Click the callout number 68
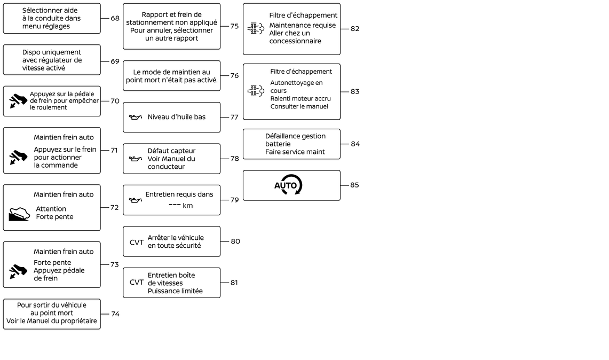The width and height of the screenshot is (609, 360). [x=115, y=18]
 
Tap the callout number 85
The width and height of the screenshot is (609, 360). [x=354, y=185]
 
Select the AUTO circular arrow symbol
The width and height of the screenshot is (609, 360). [x=288, y=185]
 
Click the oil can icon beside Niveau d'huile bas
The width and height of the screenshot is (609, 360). [x=136, y=117]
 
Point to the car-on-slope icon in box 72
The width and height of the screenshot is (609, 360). [x=19, y=214]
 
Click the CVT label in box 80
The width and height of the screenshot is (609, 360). [x=136, y=242]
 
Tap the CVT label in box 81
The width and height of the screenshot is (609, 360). [x=136, y=282]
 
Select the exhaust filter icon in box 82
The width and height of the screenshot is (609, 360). [x=256, y=28]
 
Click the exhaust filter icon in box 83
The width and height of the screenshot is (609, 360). [x=256, y=91]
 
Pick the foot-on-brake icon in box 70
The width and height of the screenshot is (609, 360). [x=18, y=101]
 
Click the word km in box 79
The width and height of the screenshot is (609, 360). [x=187, y=206]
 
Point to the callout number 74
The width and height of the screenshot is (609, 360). [x=115, y=314]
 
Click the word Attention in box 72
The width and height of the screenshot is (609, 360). [x=51, y=209]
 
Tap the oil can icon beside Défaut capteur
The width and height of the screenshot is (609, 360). [x=136, y=159]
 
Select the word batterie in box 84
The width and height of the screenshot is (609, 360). [x=278, y=144]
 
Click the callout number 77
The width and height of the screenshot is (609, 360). [x=234, y=117]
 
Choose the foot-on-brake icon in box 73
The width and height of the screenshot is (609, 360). [x=18, y=272]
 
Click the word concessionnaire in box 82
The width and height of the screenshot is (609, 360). [x=295, y=41]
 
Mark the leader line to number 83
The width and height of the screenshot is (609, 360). [x=344, y=92]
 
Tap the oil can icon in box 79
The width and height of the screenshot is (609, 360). [x=136, y=200]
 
